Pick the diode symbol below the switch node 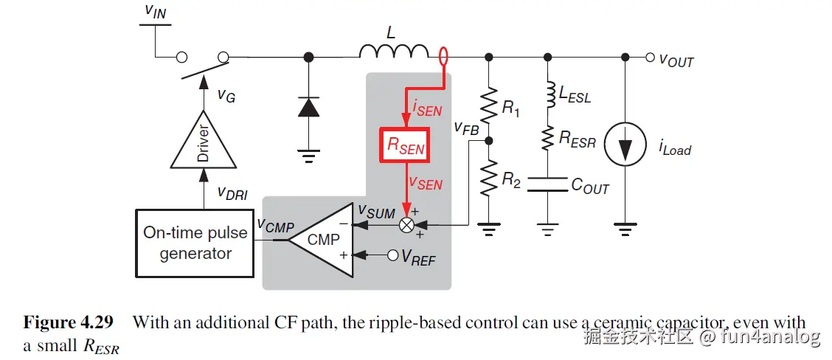307,107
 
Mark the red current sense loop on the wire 443,57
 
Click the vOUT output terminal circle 649,57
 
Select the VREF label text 417,257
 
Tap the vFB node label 467,131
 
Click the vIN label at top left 156,10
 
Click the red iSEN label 427,109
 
